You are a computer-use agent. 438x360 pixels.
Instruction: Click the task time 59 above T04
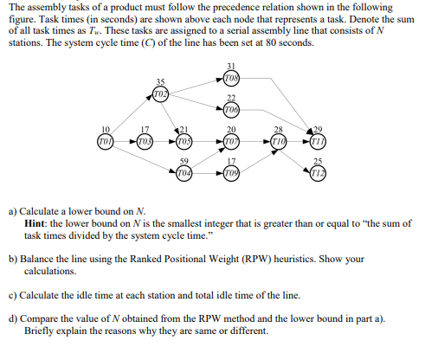[184, 158]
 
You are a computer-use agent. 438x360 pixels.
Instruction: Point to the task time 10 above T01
[106, 129]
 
